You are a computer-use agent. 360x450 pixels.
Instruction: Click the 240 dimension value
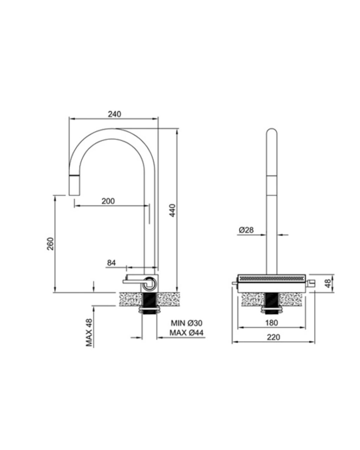114,114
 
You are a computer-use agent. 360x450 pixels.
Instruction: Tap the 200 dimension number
108,201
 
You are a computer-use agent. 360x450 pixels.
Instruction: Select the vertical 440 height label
172,211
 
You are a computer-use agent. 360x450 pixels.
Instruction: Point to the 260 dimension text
50,244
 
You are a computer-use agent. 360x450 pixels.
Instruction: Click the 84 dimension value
111,263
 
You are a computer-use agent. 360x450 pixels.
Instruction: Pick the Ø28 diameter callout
246,230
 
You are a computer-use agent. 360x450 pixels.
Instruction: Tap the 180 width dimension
271,323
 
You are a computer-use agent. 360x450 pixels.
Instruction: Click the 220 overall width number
273,337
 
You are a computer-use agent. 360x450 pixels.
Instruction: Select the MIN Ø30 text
187,323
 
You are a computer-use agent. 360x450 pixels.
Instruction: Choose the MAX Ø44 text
186,333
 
